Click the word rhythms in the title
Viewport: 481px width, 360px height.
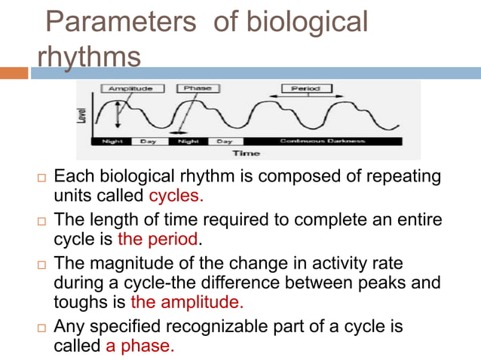(x=88, y=56)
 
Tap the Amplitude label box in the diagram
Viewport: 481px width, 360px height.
(x=131, y=89)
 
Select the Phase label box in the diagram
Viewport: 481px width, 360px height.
(x=198, y=89)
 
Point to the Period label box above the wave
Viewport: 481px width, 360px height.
(x=306, y=89)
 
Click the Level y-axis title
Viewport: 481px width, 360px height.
(x=82, y=115)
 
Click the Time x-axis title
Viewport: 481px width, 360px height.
(x=246, y=153)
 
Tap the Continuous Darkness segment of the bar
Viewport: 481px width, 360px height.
(x=323, y=141)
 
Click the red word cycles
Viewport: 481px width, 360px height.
(x=176, y=197)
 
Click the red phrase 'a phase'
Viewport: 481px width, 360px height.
(x=139, y=346)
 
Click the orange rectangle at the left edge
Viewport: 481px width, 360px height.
(x=14, y=73)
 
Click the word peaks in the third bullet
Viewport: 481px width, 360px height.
(x=388, y=282)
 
